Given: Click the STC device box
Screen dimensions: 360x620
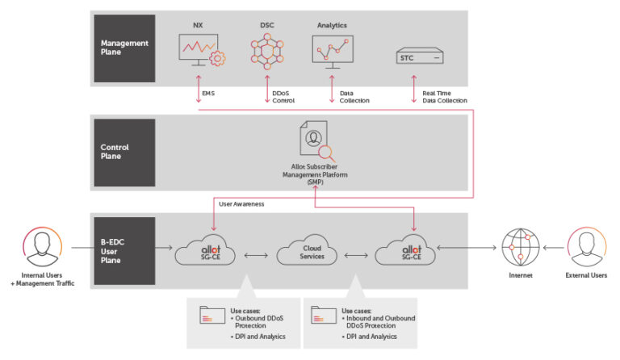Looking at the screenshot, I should coord(420,58).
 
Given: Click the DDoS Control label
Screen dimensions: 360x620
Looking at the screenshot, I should coord(283,97).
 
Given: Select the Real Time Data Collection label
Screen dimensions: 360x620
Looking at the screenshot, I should coord(445,97).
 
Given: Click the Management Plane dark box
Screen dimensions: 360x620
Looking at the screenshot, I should coord(124,48).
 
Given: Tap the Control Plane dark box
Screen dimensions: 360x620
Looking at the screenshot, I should coord(124,152).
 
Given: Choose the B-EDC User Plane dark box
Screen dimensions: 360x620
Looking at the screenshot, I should coord(124,250).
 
